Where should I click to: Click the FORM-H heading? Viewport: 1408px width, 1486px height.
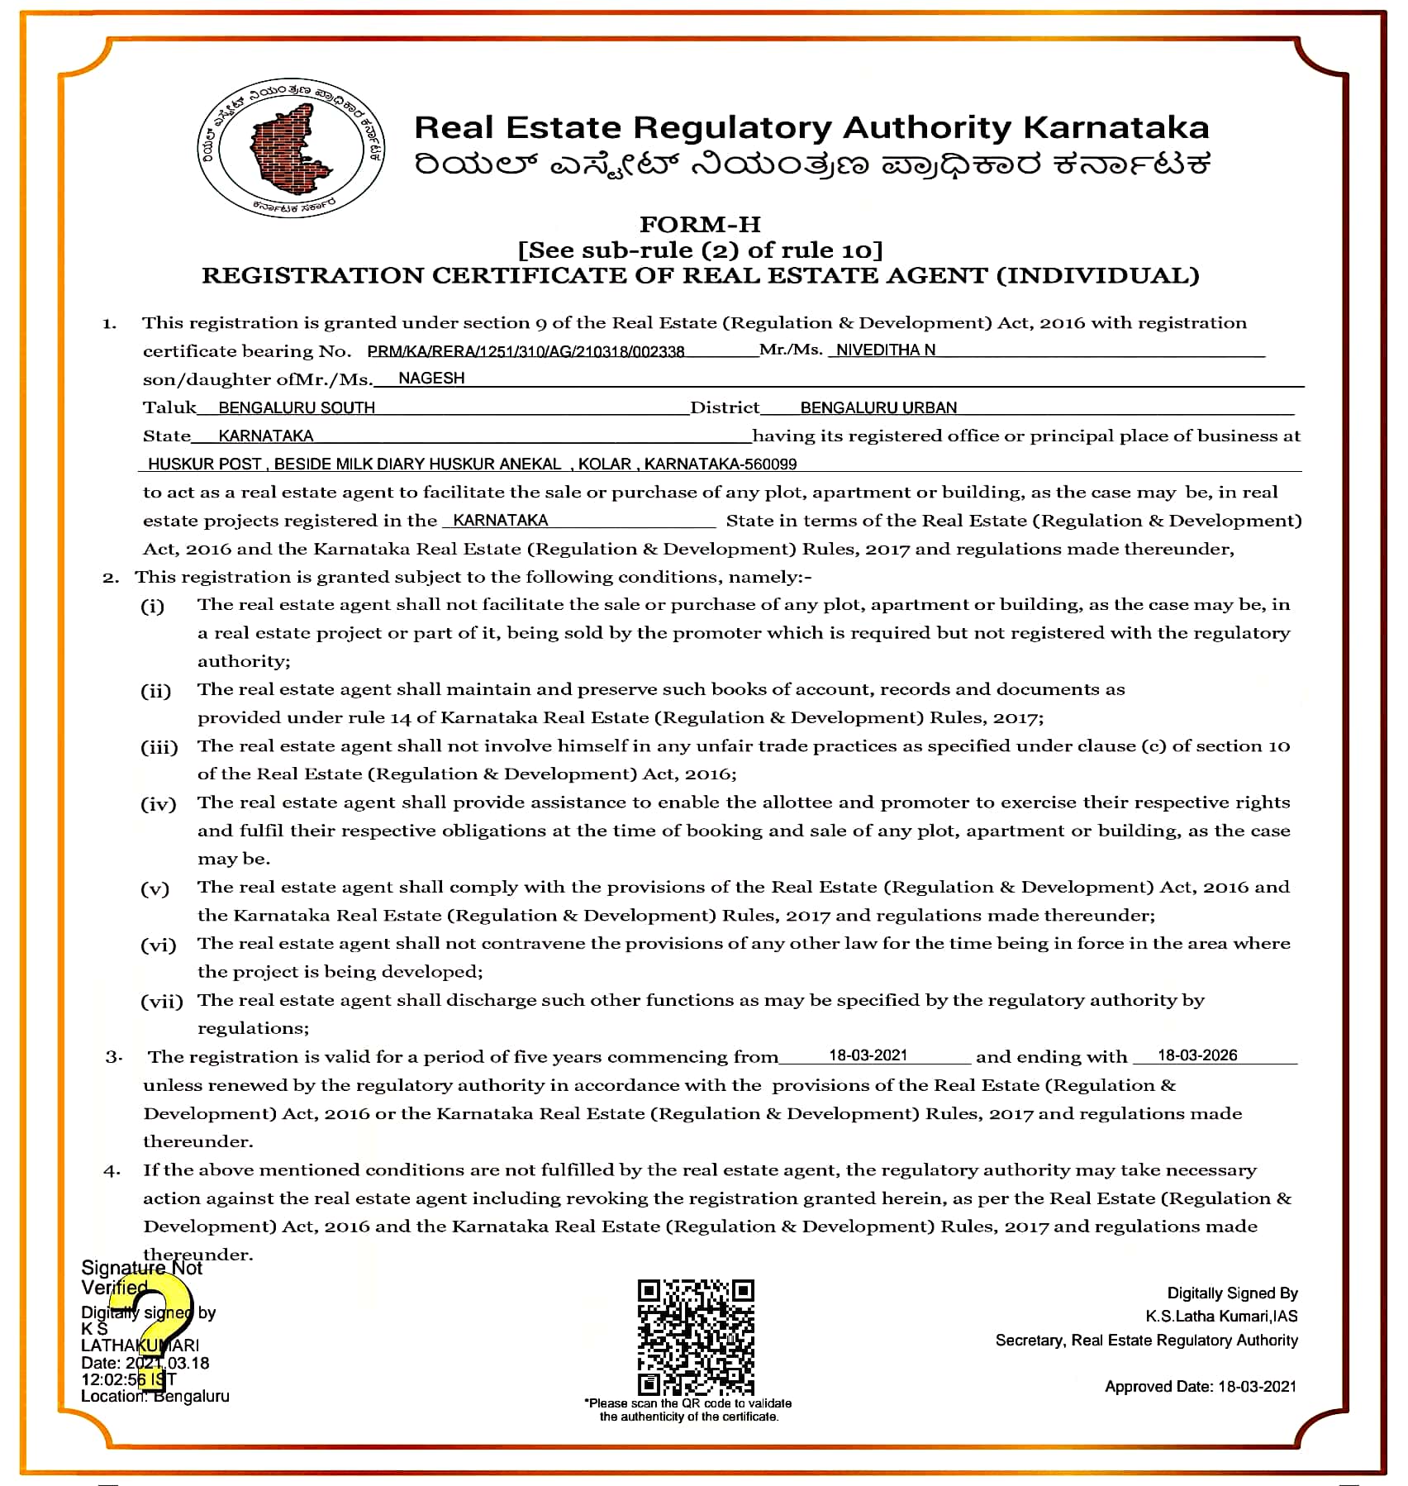point(700,224)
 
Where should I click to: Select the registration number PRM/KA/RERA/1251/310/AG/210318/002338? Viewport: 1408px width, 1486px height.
point(526,351)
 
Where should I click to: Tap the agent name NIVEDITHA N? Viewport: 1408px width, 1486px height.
point(885,350)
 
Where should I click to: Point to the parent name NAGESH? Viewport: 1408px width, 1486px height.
point(431,378)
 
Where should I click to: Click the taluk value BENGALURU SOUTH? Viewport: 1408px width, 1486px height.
point(297,407)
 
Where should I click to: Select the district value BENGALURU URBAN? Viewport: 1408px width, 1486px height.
point(878,407)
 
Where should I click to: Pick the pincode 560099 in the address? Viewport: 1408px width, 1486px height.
point(770,464)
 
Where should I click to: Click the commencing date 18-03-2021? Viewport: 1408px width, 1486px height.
point(868,1055)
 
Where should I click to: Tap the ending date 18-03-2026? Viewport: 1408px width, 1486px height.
point(1197,1055)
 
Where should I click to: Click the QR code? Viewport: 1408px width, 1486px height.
point(696,1338)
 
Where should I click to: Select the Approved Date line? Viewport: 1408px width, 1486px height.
point(1201,1386)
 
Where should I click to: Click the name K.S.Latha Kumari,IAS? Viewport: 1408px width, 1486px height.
point(1221,1316)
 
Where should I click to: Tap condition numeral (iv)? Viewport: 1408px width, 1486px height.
point(158,803)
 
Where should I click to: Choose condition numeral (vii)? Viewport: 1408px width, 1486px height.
point(161,1002)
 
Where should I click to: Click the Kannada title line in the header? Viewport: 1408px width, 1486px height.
point(811,164)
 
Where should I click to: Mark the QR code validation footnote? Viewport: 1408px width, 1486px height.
point(688,1409)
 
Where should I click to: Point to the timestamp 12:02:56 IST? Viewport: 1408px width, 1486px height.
point(128,1379)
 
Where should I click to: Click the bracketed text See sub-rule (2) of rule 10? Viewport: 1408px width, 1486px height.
point(700,250)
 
